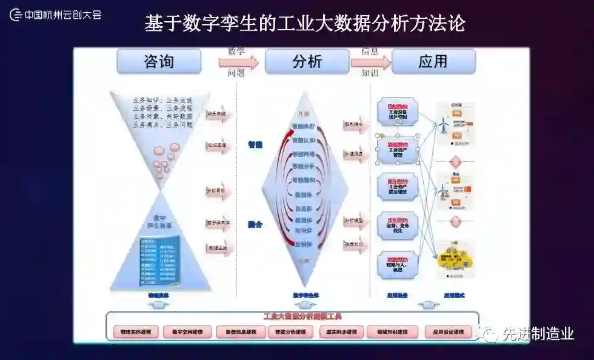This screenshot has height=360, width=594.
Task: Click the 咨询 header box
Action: point(159,62)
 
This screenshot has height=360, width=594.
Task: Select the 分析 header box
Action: point(307,62)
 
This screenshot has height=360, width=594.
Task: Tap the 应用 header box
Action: point(433,62)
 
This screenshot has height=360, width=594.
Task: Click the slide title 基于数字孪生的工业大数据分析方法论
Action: point(305,23)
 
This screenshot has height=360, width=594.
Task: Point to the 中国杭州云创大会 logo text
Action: point(62,14)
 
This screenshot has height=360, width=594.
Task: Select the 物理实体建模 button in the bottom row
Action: point(136,332)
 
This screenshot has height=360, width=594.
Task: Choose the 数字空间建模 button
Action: point(188,332)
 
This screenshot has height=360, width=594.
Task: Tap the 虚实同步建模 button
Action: point(341,332)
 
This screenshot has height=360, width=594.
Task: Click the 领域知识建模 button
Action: point(392,332)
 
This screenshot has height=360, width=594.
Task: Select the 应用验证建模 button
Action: point(448,332)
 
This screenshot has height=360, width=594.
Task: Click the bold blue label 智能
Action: point(255,145)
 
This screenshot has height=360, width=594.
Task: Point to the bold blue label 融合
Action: point(255,224)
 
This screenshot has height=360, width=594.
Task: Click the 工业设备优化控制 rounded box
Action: point(398,113)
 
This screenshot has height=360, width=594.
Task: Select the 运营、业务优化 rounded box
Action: point(398,226)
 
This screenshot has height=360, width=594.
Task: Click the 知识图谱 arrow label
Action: point(216,146)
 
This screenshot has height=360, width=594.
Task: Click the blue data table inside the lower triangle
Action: point(159,262)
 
